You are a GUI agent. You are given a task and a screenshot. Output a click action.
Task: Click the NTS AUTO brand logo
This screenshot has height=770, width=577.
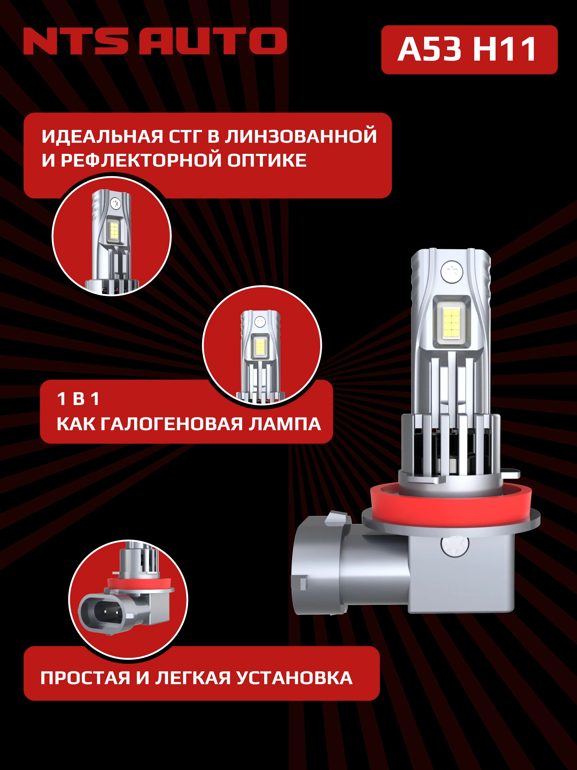155,41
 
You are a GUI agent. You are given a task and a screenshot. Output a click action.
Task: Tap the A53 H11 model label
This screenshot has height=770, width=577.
469,50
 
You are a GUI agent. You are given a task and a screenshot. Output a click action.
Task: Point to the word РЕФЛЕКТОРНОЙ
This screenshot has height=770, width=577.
143,161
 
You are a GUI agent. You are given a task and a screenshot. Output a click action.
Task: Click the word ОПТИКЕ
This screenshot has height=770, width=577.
267,161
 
